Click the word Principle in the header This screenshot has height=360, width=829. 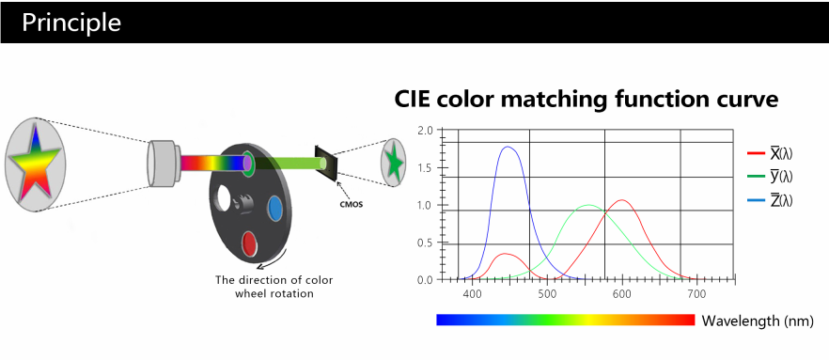pos(71,23)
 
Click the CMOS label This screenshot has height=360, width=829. pos(351,205)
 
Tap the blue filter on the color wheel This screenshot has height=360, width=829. pos(274,208)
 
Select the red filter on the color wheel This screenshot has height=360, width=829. pos(249,243)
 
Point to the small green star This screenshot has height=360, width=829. pos(394,163)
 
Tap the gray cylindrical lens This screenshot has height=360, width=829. pos(164,163)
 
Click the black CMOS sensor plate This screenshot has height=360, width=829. pos(325,164)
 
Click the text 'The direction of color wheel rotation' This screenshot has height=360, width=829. pos(274,286)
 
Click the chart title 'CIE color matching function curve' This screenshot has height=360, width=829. pos(587,100)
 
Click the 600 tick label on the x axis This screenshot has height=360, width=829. pos(622,291)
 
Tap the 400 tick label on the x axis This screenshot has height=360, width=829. pos(472,291)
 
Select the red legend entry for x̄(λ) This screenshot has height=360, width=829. pos(770,153)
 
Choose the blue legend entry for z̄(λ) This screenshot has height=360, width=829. pos(770,200)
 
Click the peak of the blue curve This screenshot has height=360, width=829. pos(508,147)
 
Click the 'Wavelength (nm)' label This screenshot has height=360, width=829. pos(758,321)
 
